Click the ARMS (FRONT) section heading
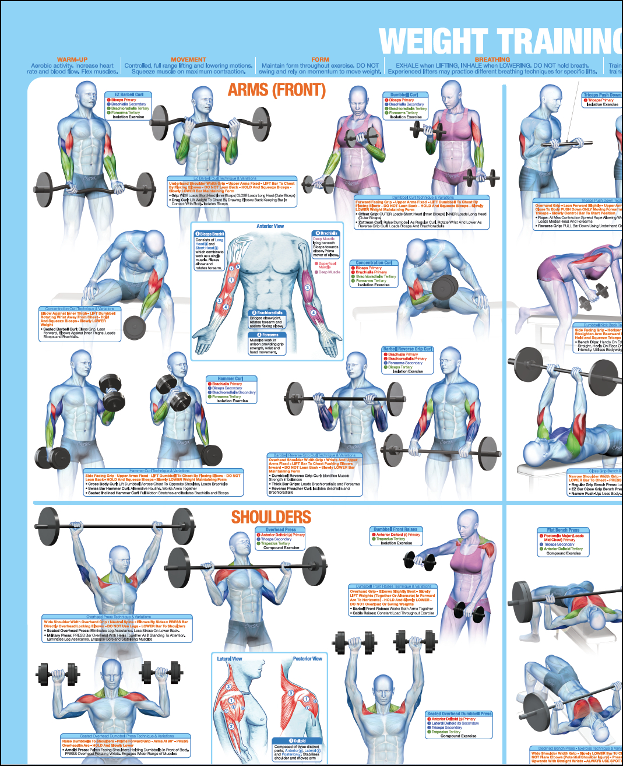tap(276, 90)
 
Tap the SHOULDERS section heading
tap(271, 517)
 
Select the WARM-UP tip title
tap(72, 59)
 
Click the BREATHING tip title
tap(492, 59)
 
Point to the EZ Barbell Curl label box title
tap(128, 94)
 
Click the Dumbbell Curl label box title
tap(404, 94)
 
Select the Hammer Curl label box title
tap(231, 378)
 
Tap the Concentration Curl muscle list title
tap(374, 263)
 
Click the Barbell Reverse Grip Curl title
tap(407, 349)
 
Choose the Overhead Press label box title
tap(281, 530)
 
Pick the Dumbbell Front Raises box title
tap(396, 529)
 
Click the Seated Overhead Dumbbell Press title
tap(459, 714)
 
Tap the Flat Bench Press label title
tap(563, 530)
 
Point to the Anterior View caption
tap(270, 226)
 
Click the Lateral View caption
tap(230, 659)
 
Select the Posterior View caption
tap(307, 659)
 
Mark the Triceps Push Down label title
tap(602, 94)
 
